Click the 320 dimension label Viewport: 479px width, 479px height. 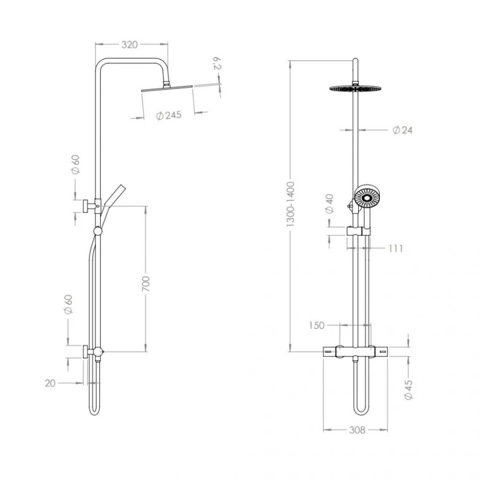coord(129,45)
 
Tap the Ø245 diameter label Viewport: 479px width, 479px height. coord(169,115)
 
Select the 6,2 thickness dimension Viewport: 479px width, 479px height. coord(217,64)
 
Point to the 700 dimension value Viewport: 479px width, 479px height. coord(146,283)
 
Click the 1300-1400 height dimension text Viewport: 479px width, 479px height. coord(290,204)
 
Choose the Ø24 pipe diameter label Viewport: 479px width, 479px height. coord(402,130)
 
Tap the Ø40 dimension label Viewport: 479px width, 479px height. coord(330,204)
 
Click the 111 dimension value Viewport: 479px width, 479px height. coord(396,248)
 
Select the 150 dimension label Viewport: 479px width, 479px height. coord(317,325)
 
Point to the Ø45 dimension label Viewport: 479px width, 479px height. coord(408,389)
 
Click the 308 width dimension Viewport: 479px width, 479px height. coord(357,430)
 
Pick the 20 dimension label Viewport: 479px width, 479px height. coord(50,383)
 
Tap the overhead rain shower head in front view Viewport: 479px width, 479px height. coord(355,88)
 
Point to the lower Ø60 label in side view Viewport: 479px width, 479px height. coord(68,304)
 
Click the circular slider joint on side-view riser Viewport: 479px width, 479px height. coord(98,231)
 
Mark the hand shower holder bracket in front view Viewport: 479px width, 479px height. coord(358,231)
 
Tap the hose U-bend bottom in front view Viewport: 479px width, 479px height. coord(362,412)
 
